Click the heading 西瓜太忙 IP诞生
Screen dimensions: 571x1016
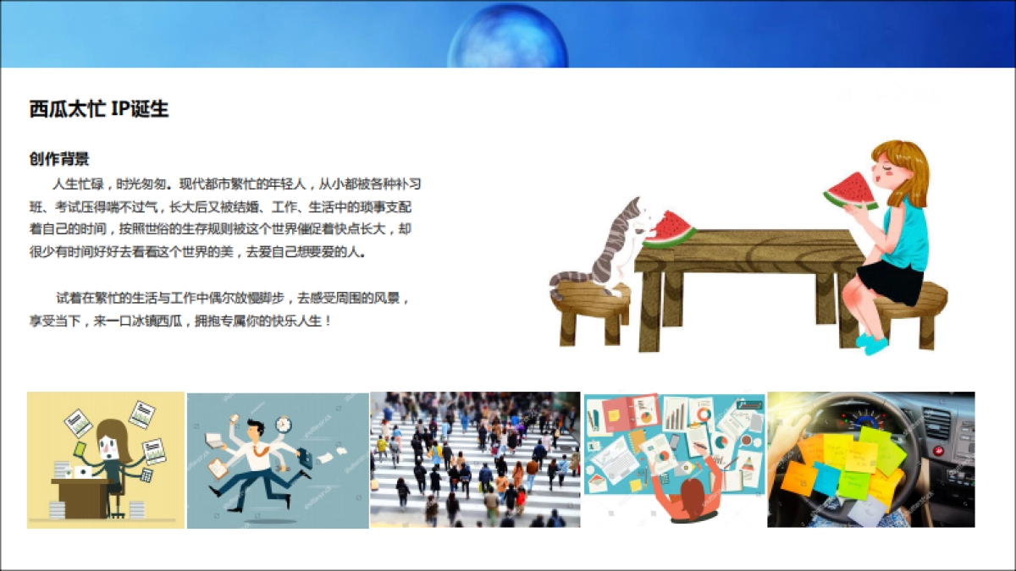click(99, 109)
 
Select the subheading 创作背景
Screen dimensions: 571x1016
click(58, 159)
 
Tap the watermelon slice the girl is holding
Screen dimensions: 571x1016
click(851, 191)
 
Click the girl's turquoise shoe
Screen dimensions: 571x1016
click(872, 343)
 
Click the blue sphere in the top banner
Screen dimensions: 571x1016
click(507, 38)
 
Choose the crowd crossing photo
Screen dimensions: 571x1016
click(475, 459)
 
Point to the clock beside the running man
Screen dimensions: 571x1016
click(284, 424)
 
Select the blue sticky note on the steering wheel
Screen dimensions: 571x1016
click(825, 479)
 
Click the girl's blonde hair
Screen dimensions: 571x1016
click(910, 169)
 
